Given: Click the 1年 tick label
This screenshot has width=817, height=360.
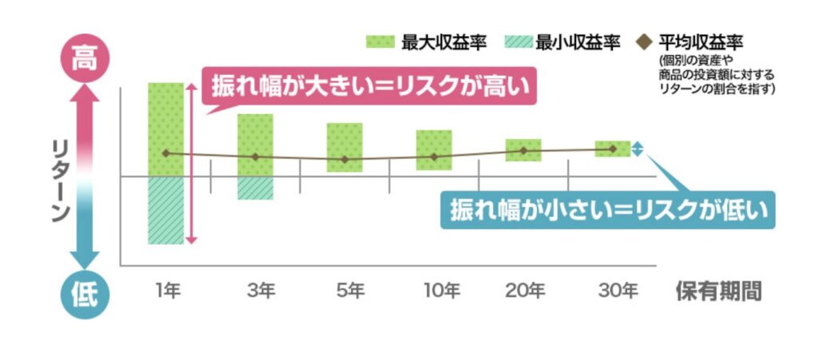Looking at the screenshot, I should [x=167, y=291].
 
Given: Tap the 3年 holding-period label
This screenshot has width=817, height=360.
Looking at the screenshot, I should [x=256, y=291].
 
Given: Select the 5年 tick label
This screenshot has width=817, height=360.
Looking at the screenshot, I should [x=345, y=291].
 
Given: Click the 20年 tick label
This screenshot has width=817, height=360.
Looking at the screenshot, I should [x=524, y=291].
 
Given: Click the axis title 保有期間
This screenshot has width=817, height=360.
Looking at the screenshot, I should [x=718, y=291].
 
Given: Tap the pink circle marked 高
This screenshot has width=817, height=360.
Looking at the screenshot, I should [x=83, y=57].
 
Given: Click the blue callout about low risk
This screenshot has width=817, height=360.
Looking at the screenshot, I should [x=607, y=211].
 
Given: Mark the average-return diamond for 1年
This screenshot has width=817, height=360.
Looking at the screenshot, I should [x=166, y=152].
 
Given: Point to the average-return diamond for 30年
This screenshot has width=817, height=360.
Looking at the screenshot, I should [x=613, y=148].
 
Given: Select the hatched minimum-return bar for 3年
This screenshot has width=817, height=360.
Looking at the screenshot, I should [x=255, y=188].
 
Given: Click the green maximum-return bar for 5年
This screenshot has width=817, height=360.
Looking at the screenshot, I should [x=345, y=147].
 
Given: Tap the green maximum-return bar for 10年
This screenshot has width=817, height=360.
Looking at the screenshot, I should [x=434, y=149].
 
